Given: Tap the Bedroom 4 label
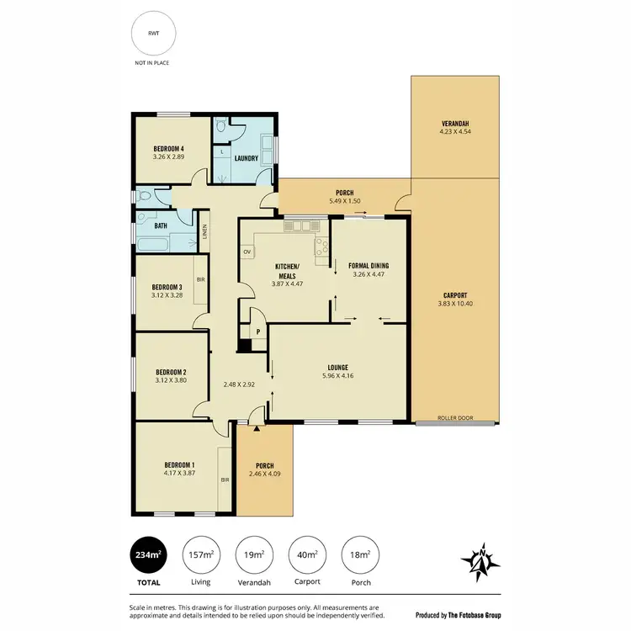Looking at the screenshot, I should (168, 149).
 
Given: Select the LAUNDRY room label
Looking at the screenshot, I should (247, 158).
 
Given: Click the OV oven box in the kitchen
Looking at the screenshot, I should (247, 252).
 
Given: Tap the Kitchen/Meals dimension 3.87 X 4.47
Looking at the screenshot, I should (288, 284).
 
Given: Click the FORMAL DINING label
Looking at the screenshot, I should (369, 265).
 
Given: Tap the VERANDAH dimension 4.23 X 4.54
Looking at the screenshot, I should (455, 131).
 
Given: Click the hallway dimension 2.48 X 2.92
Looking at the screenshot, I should (239, 384).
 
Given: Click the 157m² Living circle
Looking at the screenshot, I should (200, 554).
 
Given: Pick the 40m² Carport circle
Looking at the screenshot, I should (307, 554).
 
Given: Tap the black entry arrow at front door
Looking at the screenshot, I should (257, 428).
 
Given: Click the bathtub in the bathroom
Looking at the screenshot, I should (153, 246).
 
